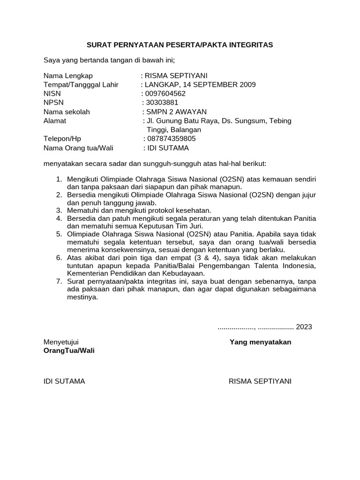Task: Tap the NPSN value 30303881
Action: click(162, 103)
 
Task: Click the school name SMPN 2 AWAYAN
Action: click(176, 112)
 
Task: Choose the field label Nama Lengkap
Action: click(68, 76)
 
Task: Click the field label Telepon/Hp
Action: click(62, 139)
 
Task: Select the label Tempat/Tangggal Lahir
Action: click(81, 85)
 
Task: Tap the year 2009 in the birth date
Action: click(247, 85)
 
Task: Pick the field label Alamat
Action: click(55, 120)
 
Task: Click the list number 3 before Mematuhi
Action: click(59, 210)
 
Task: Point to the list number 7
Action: click(59, 281)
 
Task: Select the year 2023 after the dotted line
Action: click(304, 327)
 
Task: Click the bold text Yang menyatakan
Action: click(260, 342)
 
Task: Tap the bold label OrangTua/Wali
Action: click(69, 351)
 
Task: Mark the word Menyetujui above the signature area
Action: click(61, 342)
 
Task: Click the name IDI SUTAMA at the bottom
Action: click(64, 381)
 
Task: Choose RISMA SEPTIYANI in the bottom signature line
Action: click(260, 381)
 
